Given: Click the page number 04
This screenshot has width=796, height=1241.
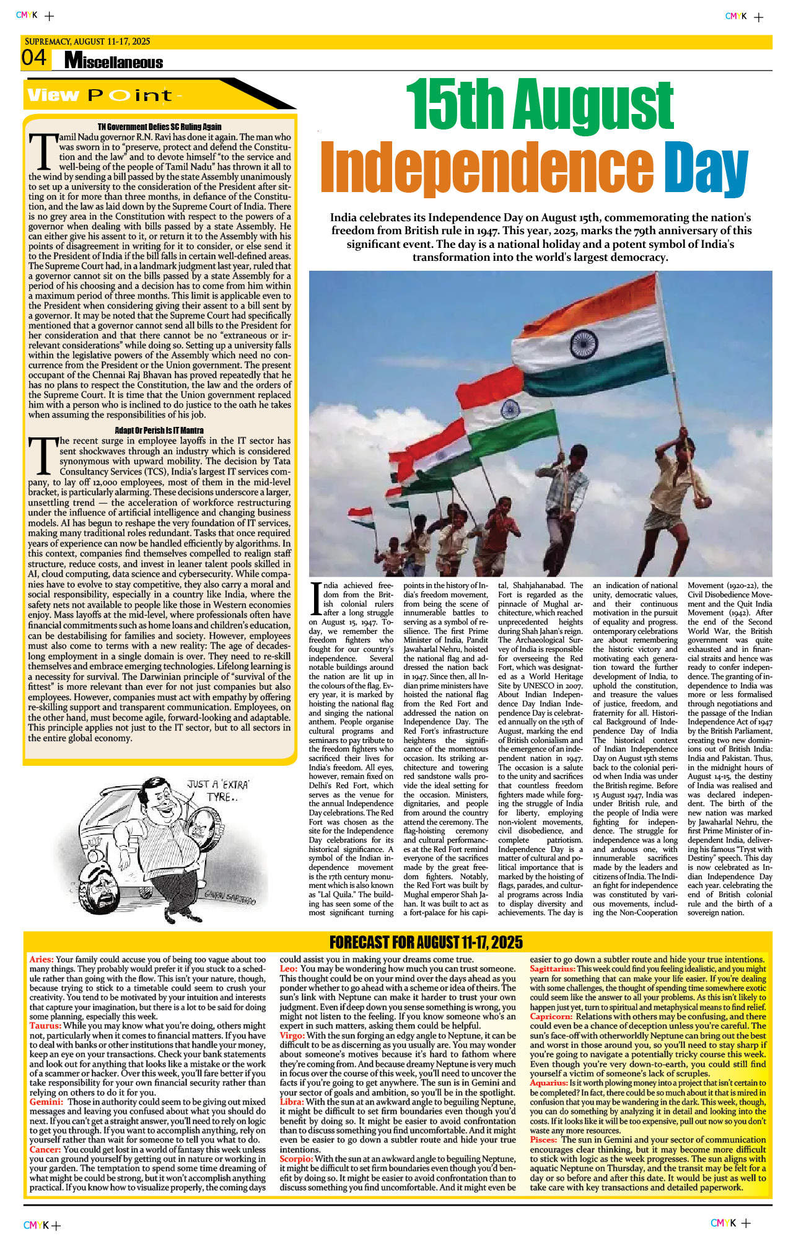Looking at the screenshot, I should tap(34, 58).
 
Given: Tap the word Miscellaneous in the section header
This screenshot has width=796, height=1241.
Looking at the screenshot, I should tap(114, 61).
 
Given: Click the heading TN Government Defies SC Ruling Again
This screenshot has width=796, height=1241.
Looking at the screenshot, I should tap(159, 126).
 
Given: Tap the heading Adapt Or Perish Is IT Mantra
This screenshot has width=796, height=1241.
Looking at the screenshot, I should tap(159, 430).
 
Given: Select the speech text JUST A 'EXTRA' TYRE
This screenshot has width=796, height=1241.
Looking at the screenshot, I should tap(218, 790).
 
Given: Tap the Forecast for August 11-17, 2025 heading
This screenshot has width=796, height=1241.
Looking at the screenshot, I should tap(426, 942).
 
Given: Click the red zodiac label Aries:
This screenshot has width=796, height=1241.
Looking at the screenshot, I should tap(41, 960).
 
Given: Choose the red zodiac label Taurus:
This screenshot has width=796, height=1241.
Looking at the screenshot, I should tap(45, 1026).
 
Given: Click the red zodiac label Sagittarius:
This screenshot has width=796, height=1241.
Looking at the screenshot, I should tap(552, 969).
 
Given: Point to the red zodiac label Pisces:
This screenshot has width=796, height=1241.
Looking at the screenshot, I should tap(543, 1139).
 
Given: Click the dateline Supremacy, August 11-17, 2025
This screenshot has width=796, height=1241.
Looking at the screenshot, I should tap(87, 42).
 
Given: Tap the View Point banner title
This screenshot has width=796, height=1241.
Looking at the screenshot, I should tap(105, 95).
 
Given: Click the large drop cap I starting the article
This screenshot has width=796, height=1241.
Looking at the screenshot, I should tap(315, 600).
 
